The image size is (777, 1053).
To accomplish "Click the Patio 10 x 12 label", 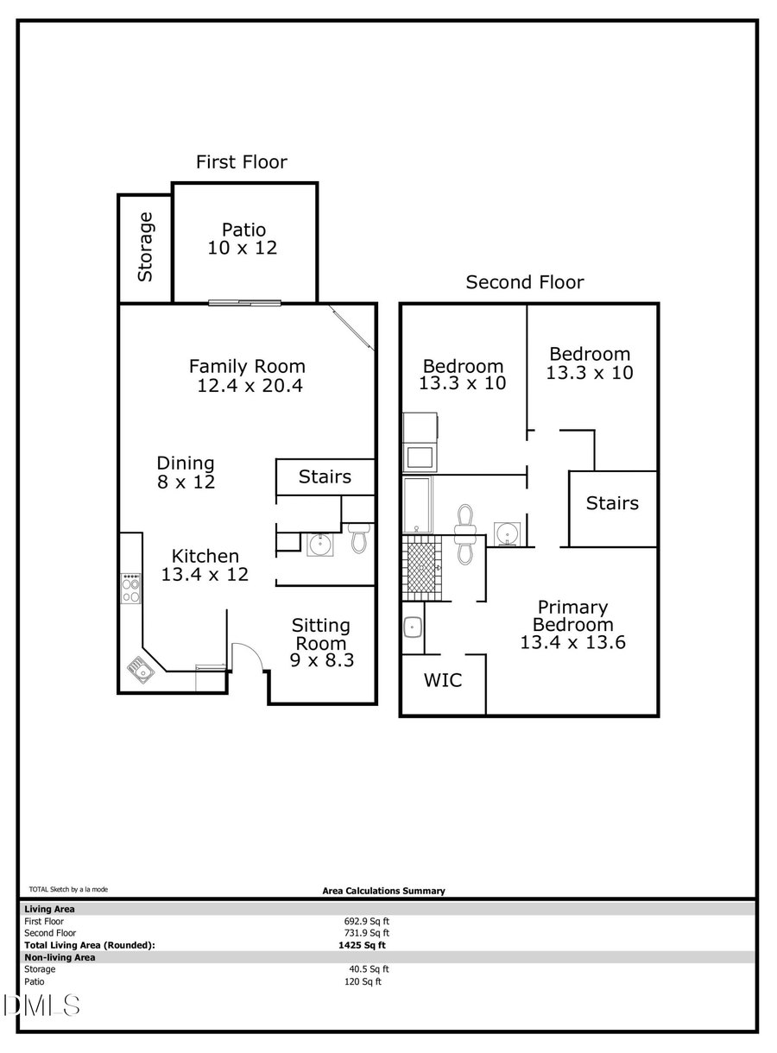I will tap(243, 239).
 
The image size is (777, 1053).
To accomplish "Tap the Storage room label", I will tap(145, 247).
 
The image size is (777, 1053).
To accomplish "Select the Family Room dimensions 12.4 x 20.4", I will tap(250, 386).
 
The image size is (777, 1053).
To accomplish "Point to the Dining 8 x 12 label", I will tap(186, 473).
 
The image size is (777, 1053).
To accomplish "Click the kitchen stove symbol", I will tap(131, 590).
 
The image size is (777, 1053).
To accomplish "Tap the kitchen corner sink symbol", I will tap(141, 668).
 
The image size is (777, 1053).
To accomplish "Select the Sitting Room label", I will tap(321, 634).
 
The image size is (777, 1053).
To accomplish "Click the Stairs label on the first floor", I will tap(325, 476).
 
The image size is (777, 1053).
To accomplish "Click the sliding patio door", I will tap(245, 302).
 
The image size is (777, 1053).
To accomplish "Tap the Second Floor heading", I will tap(525, 282).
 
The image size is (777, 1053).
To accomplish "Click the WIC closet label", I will tap(442, 680).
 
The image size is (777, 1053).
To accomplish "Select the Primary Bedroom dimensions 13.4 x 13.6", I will tap(572, 642).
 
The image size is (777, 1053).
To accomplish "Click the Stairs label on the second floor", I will tap(612, 503).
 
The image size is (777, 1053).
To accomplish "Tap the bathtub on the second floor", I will tap(418, 505).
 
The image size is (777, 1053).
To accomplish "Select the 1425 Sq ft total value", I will tap(362, 945).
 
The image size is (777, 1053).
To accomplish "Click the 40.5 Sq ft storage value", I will tap(364, 969).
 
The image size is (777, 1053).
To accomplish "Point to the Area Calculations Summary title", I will tap(383, 891).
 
